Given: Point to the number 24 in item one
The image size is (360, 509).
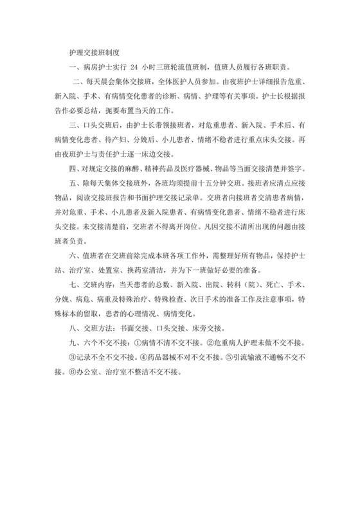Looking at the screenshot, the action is (134, 66).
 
